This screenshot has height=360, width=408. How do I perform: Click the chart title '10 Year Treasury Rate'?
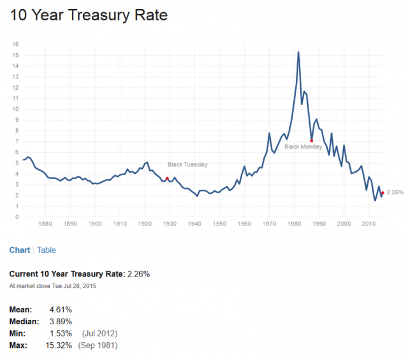89,15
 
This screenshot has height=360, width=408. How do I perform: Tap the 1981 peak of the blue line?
298,52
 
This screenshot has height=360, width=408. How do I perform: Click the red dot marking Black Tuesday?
167,178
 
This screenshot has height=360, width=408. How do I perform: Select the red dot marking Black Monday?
312,140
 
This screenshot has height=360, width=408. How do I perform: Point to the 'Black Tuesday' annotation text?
187,164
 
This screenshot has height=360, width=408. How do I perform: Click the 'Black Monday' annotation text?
303,147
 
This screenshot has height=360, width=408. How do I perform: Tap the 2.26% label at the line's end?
395,192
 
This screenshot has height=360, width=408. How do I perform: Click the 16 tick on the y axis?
15,45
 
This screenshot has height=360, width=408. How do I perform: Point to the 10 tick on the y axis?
15,109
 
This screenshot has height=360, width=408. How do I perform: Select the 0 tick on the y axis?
17,217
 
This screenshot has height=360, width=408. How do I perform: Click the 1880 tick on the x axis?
45,224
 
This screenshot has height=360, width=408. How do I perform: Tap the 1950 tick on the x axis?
219,224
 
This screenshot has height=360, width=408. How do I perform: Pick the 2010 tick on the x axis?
368,224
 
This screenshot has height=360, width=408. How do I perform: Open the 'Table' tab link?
47,250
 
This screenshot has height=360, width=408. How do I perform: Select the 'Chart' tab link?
19,250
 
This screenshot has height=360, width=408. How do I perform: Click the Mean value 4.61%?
61,310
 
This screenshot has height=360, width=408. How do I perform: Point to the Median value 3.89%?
61,321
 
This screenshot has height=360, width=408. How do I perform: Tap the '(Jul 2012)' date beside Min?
99,333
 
